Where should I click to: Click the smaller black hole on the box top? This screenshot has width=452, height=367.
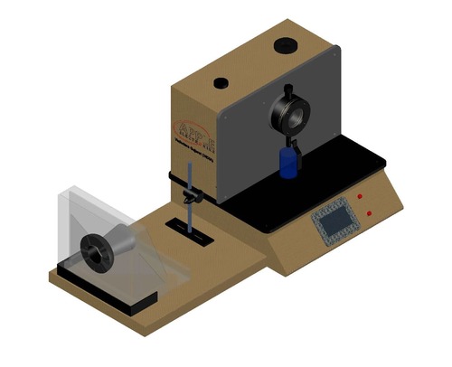tap(221, 83)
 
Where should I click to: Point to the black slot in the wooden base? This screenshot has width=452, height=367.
tap(191, 231)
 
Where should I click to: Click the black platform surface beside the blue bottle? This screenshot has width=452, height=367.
tap(334, 167)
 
